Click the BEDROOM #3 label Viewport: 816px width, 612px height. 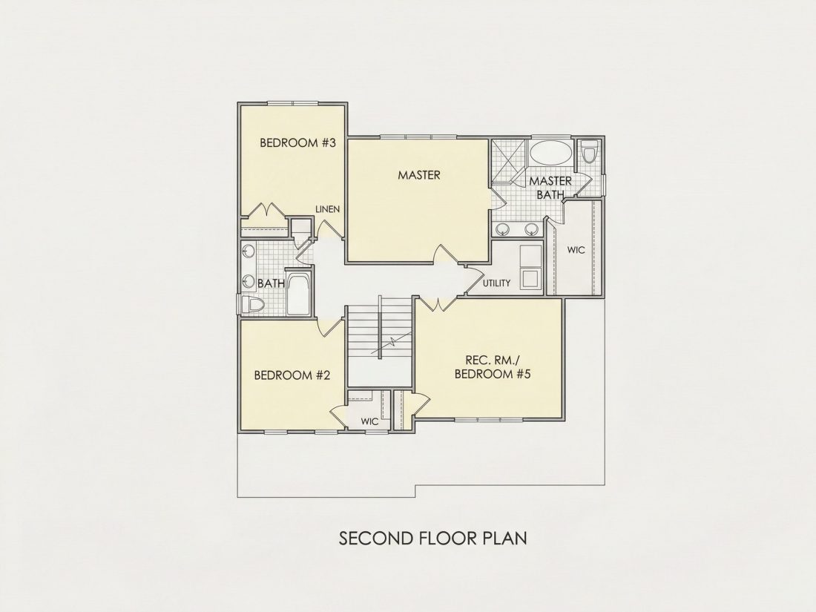coord(297,142)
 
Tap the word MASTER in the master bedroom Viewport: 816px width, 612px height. coord(419,175)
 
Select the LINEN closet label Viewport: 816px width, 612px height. coord(328,209)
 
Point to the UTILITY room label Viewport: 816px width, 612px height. coord(496,283)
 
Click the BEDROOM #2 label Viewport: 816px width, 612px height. coord(292,375)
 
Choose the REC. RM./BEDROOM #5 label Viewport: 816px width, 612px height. coord(492,367)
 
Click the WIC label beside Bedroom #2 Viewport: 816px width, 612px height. coord(369,421)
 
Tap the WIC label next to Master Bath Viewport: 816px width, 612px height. coord(576,250)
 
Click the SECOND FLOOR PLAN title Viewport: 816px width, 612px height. coord(433,538)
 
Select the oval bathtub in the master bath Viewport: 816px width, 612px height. coord(550,153)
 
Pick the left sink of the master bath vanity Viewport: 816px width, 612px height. coord(503,229)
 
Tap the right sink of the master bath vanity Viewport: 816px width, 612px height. coord(531,229)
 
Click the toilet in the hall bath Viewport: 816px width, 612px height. coord(251,304)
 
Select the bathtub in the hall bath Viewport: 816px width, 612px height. coord(298,294)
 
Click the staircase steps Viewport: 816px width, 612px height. coord(379,332)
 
